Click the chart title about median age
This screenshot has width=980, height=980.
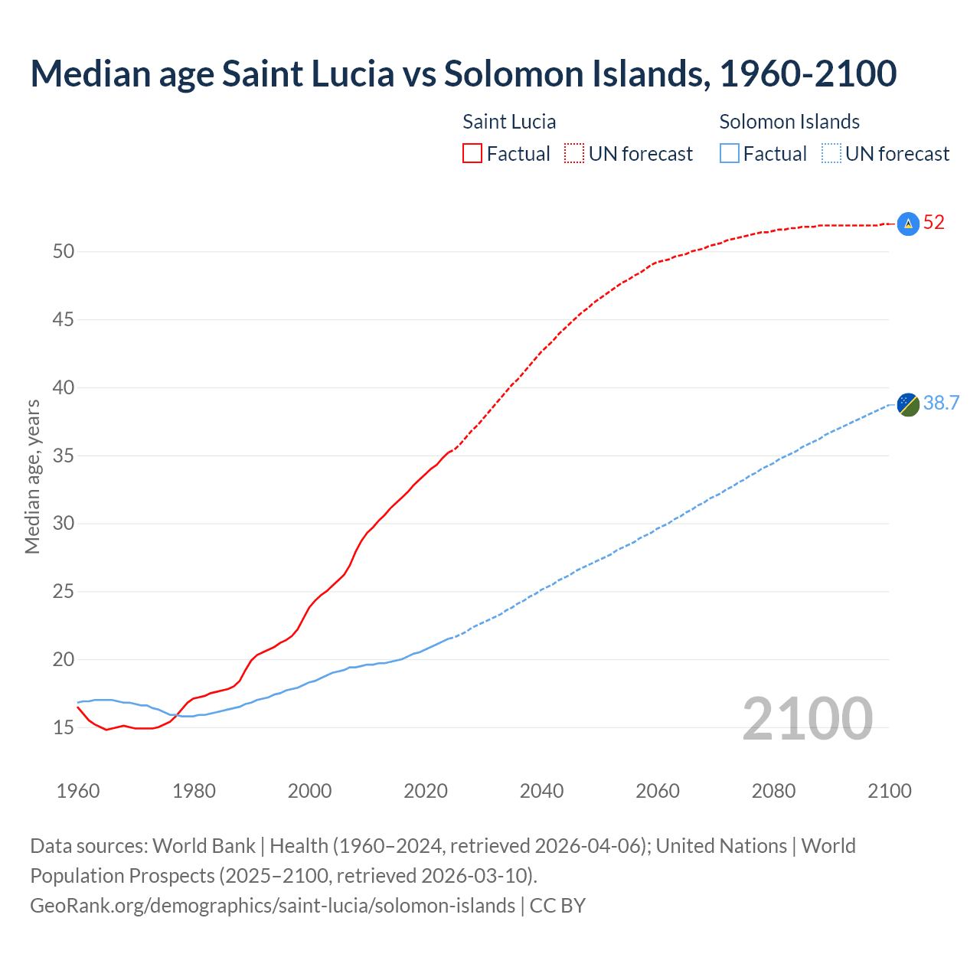[x=463, y=73]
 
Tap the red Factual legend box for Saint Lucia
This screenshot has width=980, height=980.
[x=472, y=154]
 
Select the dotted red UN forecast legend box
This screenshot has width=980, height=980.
[x=574, y=154]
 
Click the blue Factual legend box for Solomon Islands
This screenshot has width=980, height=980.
[x=730, y=154]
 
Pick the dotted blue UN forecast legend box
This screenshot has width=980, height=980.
[x=831, y=154]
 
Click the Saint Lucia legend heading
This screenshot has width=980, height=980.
[x=509, y=122]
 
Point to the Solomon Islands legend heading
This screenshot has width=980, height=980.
[x=789, y=122]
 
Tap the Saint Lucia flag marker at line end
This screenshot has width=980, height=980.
[x=908, y=224]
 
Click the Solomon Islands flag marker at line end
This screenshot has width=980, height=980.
[x=908, y=404]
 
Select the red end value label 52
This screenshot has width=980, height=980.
[x=934, y=223]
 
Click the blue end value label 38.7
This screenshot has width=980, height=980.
[x=941, y=403]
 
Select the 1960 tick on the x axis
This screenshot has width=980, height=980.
[x=78, y=791]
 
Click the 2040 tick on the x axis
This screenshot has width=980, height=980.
[x=541, y=791]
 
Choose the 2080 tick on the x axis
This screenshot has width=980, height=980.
[x=773, y=791]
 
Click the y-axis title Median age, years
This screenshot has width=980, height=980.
[x=32, y=476]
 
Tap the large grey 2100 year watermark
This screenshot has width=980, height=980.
[x=807, y=719]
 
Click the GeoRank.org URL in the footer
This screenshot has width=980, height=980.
[x=273, y=906]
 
